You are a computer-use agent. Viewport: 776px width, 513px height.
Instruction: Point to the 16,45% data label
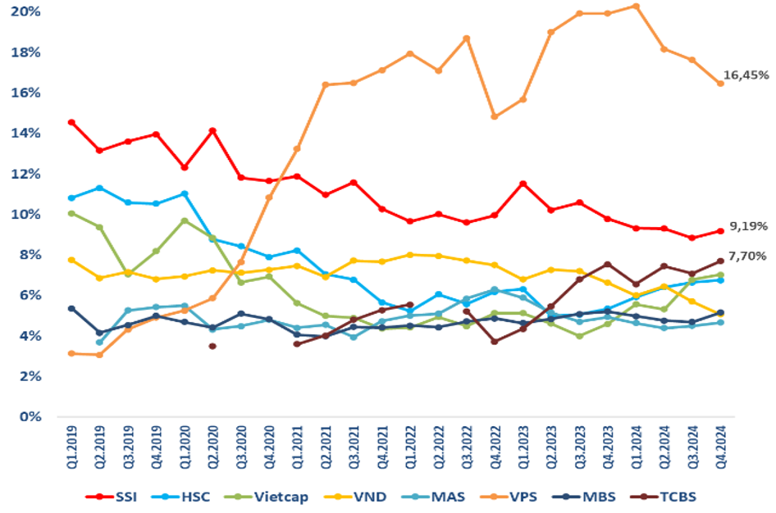pyautogui.click(x=746, y=75)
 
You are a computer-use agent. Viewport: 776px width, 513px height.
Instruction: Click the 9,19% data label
pyautogui.click(x=746, y=225)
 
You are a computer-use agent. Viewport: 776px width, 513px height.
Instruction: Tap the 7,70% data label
pyautogui.click(x=746, y=256)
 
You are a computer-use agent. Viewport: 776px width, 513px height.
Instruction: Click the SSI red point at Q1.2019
pyautogui.click(x=71, y=122)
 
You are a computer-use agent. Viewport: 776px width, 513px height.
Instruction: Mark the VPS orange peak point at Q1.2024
pyautogui.click(x=636, y=7)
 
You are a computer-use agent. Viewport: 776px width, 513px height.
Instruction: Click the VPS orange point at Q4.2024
pyautogui.click(x=720, y=83)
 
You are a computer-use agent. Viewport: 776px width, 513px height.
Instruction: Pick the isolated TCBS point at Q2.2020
pyautogui.click(x=212, y=346)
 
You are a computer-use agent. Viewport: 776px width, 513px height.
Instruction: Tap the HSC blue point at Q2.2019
pyautogui.click(x=99, y=188)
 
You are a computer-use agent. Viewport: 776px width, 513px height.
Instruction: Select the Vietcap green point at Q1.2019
pyautogui.click(x=71, y=213)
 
